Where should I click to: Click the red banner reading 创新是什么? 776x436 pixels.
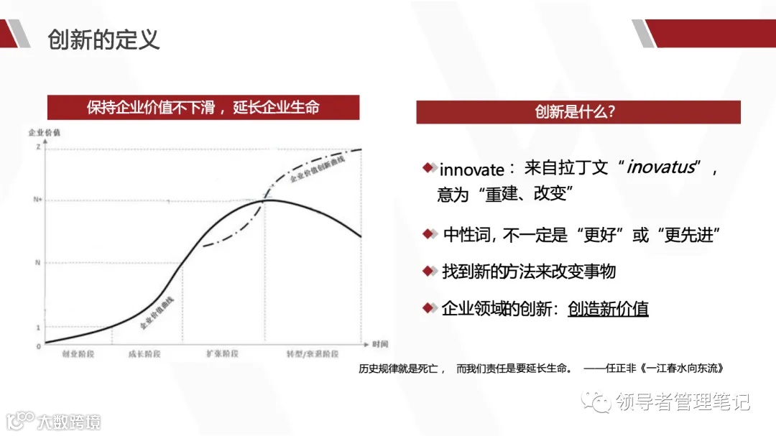coord(578,112)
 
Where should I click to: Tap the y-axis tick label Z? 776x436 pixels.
coord(37,147)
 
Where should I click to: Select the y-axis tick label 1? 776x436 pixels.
coord(38,328)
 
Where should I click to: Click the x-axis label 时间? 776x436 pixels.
coord(380,344)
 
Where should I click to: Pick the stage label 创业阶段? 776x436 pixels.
coord(78,354)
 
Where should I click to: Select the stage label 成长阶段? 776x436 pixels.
coord(144,354)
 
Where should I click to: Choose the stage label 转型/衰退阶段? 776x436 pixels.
coord(313,354)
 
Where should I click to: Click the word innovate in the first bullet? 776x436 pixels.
coord(471,170)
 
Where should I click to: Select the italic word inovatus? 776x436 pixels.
coord(661,168)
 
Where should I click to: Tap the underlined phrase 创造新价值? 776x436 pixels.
coord(608,309)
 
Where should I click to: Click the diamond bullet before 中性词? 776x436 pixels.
coord(429,233)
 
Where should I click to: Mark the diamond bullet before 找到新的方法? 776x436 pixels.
coord(429,271)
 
